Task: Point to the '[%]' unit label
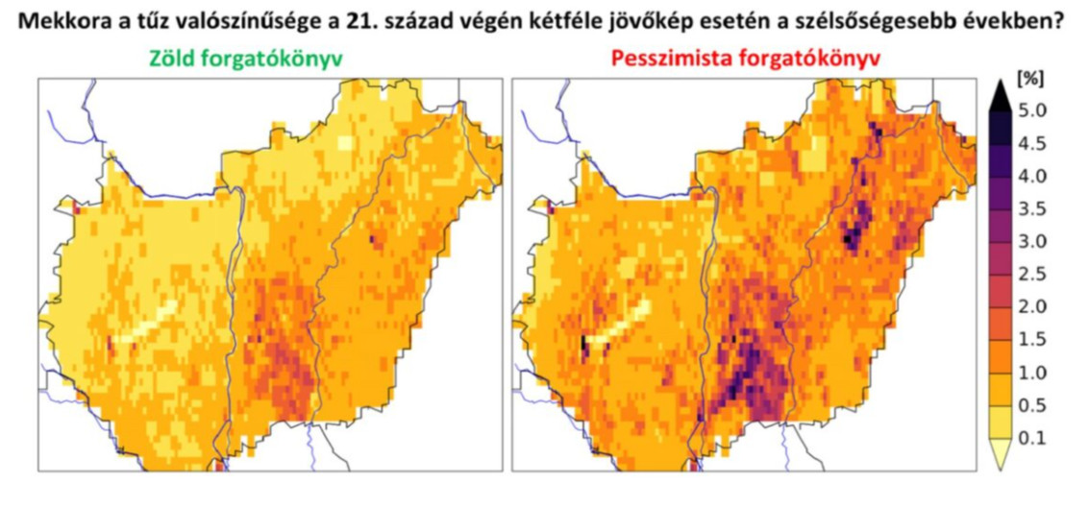click(1029, 78)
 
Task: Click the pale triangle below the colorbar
click(1000, 459)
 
